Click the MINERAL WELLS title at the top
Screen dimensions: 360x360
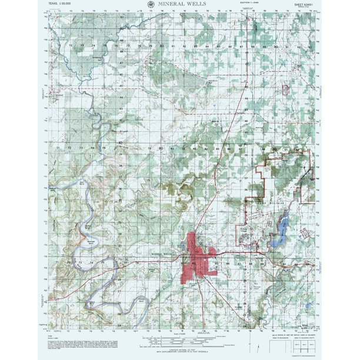pyautogui.click(x=179, y=4)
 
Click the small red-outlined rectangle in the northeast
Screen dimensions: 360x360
pyautogui.click(x=288, y=90)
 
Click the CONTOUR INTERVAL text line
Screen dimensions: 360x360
pyautogui.click(x=180, y=349)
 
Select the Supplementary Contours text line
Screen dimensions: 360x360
pyautogui.click(x=180, y=352)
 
